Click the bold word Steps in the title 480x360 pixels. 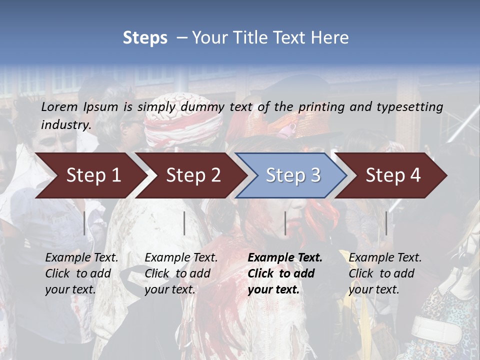[x=145, y=38]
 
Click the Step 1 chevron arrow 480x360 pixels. [x=90, y=175]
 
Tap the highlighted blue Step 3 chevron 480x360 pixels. [x=291, y=175]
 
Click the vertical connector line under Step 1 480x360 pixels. [x=84, y=223]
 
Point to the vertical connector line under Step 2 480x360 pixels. [x=184, y=223]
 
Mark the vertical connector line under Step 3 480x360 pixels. [x=285, y=223]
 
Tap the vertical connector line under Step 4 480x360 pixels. [x=386, y=223]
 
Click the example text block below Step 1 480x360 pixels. [x=81, y=273]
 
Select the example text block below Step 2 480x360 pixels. [x=180, y=273]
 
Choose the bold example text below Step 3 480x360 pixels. [x=284, y=273]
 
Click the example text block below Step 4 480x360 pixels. [x=384, y=273]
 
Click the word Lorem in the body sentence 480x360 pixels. [x=59, y=106]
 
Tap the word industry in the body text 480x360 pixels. [x=66, y=124]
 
